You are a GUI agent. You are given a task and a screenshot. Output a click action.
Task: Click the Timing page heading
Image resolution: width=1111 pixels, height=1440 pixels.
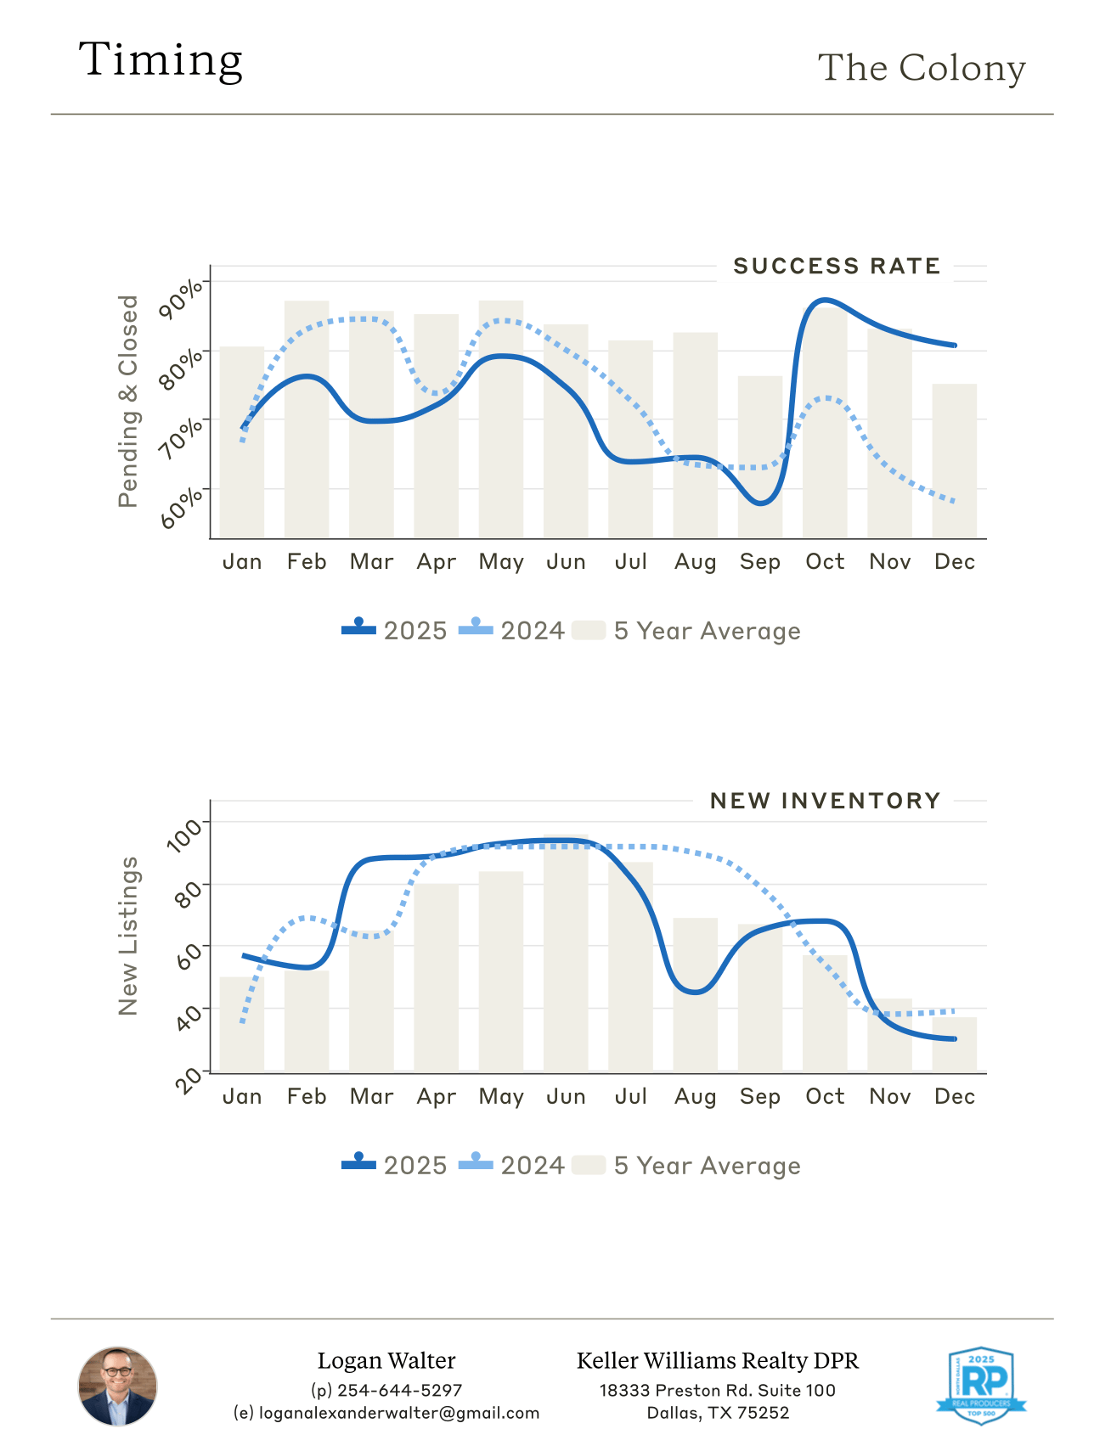coord(161,60)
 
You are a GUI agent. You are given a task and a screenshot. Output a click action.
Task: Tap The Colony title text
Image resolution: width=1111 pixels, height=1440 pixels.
coord(921,68)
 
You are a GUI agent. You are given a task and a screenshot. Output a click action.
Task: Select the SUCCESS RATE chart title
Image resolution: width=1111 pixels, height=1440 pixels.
coord(836,267)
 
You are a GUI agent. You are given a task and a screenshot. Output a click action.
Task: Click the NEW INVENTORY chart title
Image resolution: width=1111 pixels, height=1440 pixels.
coord(825,802)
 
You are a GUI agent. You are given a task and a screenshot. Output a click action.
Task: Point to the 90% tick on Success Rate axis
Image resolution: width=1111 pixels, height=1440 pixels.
coord(182,297)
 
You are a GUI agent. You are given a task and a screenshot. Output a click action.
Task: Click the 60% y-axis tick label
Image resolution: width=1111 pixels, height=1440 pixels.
coord(182,507)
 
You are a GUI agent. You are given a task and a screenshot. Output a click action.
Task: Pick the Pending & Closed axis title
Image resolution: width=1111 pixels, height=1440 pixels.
coord(128,401)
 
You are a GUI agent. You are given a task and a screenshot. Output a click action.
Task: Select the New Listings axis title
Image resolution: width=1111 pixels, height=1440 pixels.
coord(128,936)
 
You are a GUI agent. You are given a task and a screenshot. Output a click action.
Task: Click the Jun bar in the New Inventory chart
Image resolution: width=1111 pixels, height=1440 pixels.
coord(566,955)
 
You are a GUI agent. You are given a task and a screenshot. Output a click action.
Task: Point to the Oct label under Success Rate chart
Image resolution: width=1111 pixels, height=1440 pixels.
coord(825,562)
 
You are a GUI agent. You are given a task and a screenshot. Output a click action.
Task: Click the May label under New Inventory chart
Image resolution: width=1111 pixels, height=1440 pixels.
coord(501,1097)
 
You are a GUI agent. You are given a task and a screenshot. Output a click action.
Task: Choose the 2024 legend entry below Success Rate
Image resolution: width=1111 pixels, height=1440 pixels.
coord(512,631)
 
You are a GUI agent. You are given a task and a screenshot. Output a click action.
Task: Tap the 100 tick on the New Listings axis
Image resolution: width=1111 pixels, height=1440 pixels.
coord(185,834)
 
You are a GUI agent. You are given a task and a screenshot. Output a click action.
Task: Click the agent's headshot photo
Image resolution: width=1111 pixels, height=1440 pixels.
coord(118,1386)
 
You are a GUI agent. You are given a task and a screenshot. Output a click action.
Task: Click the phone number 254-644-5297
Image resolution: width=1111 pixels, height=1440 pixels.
coord(399,1391)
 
